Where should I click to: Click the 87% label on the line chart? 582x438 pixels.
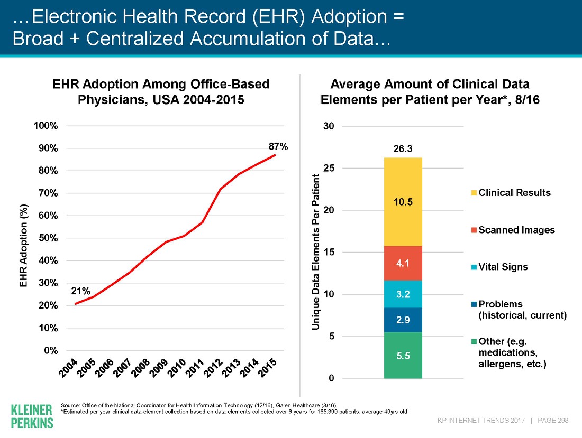click(278, 147)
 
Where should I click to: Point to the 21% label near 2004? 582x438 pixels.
click(80, 291)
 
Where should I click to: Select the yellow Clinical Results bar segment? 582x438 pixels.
click(403, 202)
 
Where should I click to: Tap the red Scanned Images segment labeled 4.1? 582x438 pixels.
click(403, 263)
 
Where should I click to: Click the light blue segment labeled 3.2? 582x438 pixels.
click(403, 294)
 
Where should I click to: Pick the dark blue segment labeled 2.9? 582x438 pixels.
click(403, 320)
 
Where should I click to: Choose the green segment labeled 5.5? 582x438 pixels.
click(403, 356)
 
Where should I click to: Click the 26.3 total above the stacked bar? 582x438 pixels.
click(403, 149)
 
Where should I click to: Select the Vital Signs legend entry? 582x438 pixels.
click(499, 267)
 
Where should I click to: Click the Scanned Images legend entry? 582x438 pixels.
click(513, 230)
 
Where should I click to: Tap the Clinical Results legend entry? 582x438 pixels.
click(511, 193)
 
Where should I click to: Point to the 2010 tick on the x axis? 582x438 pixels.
click(177, 368)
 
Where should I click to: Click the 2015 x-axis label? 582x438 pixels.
click(268, 368)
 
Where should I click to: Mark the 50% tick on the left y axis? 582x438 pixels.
click(48, 238)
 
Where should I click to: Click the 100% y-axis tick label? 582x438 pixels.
click(46, 126)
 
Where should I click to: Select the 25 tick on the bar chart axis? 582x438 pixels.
click(329, 168)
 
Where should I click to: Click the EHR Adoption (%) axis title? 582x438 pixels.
click(24, 245)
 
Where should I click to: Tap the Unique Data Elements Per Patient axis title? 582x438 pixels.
click(315, 252)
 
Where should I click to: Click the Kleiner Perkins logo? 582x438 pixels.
click(32, 416)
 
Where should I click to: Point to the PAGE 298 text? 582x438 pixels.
click(553, 420)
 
